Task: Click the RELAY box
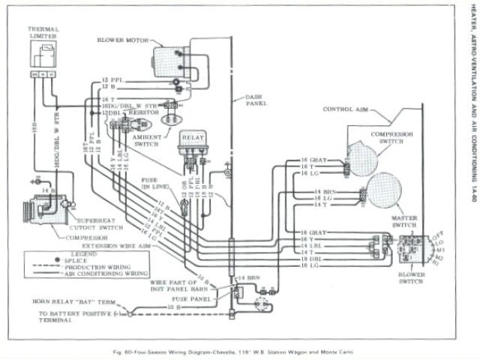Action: [193, 139]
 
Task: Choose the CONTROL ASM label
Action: [344, 109]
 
